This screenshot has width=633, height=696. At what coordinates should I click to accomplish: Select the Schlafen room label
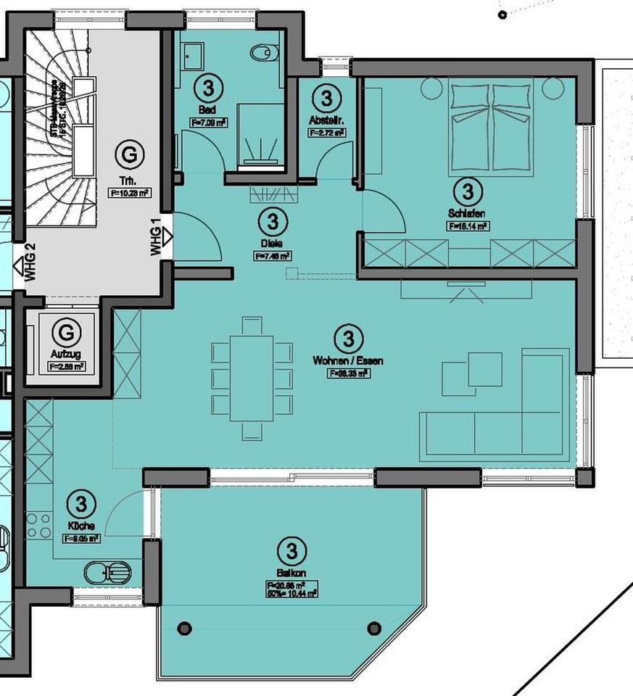point(467,213)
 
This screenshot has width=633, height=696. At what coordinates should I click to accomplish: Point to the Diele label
point(273,244)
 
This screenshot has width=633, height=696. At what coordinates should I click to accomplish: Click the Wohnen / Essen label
point(348,360)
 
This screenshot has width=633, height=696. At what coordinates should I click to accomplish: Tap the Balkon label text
point(291,573)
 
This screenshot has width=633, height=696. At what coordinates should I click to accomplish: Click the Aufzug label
point(65,355)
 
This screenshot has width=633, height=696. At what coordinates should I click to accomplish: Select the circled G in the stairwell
point(129,154)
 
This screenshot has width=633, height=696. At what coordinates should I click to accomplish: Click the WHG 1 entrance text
point(154,239)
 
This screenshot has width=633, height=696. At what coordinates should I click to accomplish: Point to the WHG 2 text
point(30,264)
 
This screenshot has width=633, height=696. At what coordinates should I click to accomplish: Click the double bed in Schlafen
point(493,127)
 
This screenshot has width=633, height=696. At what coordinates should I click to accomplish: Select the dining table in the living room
point(252,378)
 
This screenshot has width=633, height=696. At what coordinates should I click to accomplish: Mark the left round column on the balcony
point(185,628)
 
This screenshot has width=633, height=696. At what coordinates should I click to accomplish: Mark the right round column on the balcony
point(374,628)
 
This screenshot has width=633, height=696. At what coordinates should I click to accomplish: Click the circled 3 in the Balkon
point(291,551)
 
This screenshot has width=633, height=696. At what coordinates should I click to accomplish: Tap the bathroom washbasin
point(193,54)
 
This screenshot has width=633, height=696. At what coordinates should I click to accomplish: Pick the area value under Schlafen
point(468,225)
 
